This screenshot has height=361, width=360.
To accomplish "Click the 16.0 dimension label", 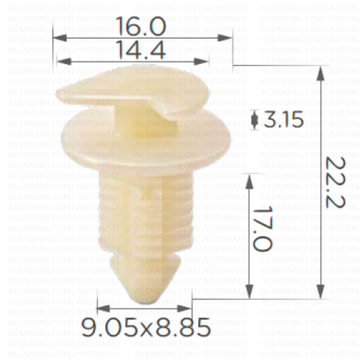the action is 141,26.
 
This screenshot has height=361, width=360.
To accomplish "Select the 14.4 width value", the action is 141,50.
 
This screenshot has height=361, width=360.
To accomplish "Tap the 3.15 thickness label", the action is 283,119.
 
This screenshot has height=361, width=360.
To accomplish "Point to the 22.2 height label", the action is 336,183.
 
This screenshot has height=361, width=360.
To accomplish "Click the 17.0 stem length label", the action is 262,229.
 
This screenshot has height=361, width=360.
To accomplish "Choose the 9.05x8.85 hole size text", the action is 146,327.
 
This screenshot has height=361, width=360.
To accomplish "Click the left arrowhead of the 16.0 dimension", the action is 60,38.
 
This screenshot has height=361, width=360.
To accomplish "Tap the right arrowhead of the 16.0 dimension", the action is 225,38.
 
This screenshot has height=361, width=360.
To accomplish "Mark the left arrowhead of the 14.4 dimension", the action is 63,61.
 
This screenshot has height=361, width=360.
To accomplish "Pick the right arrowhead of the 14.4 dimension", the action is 202,61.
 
